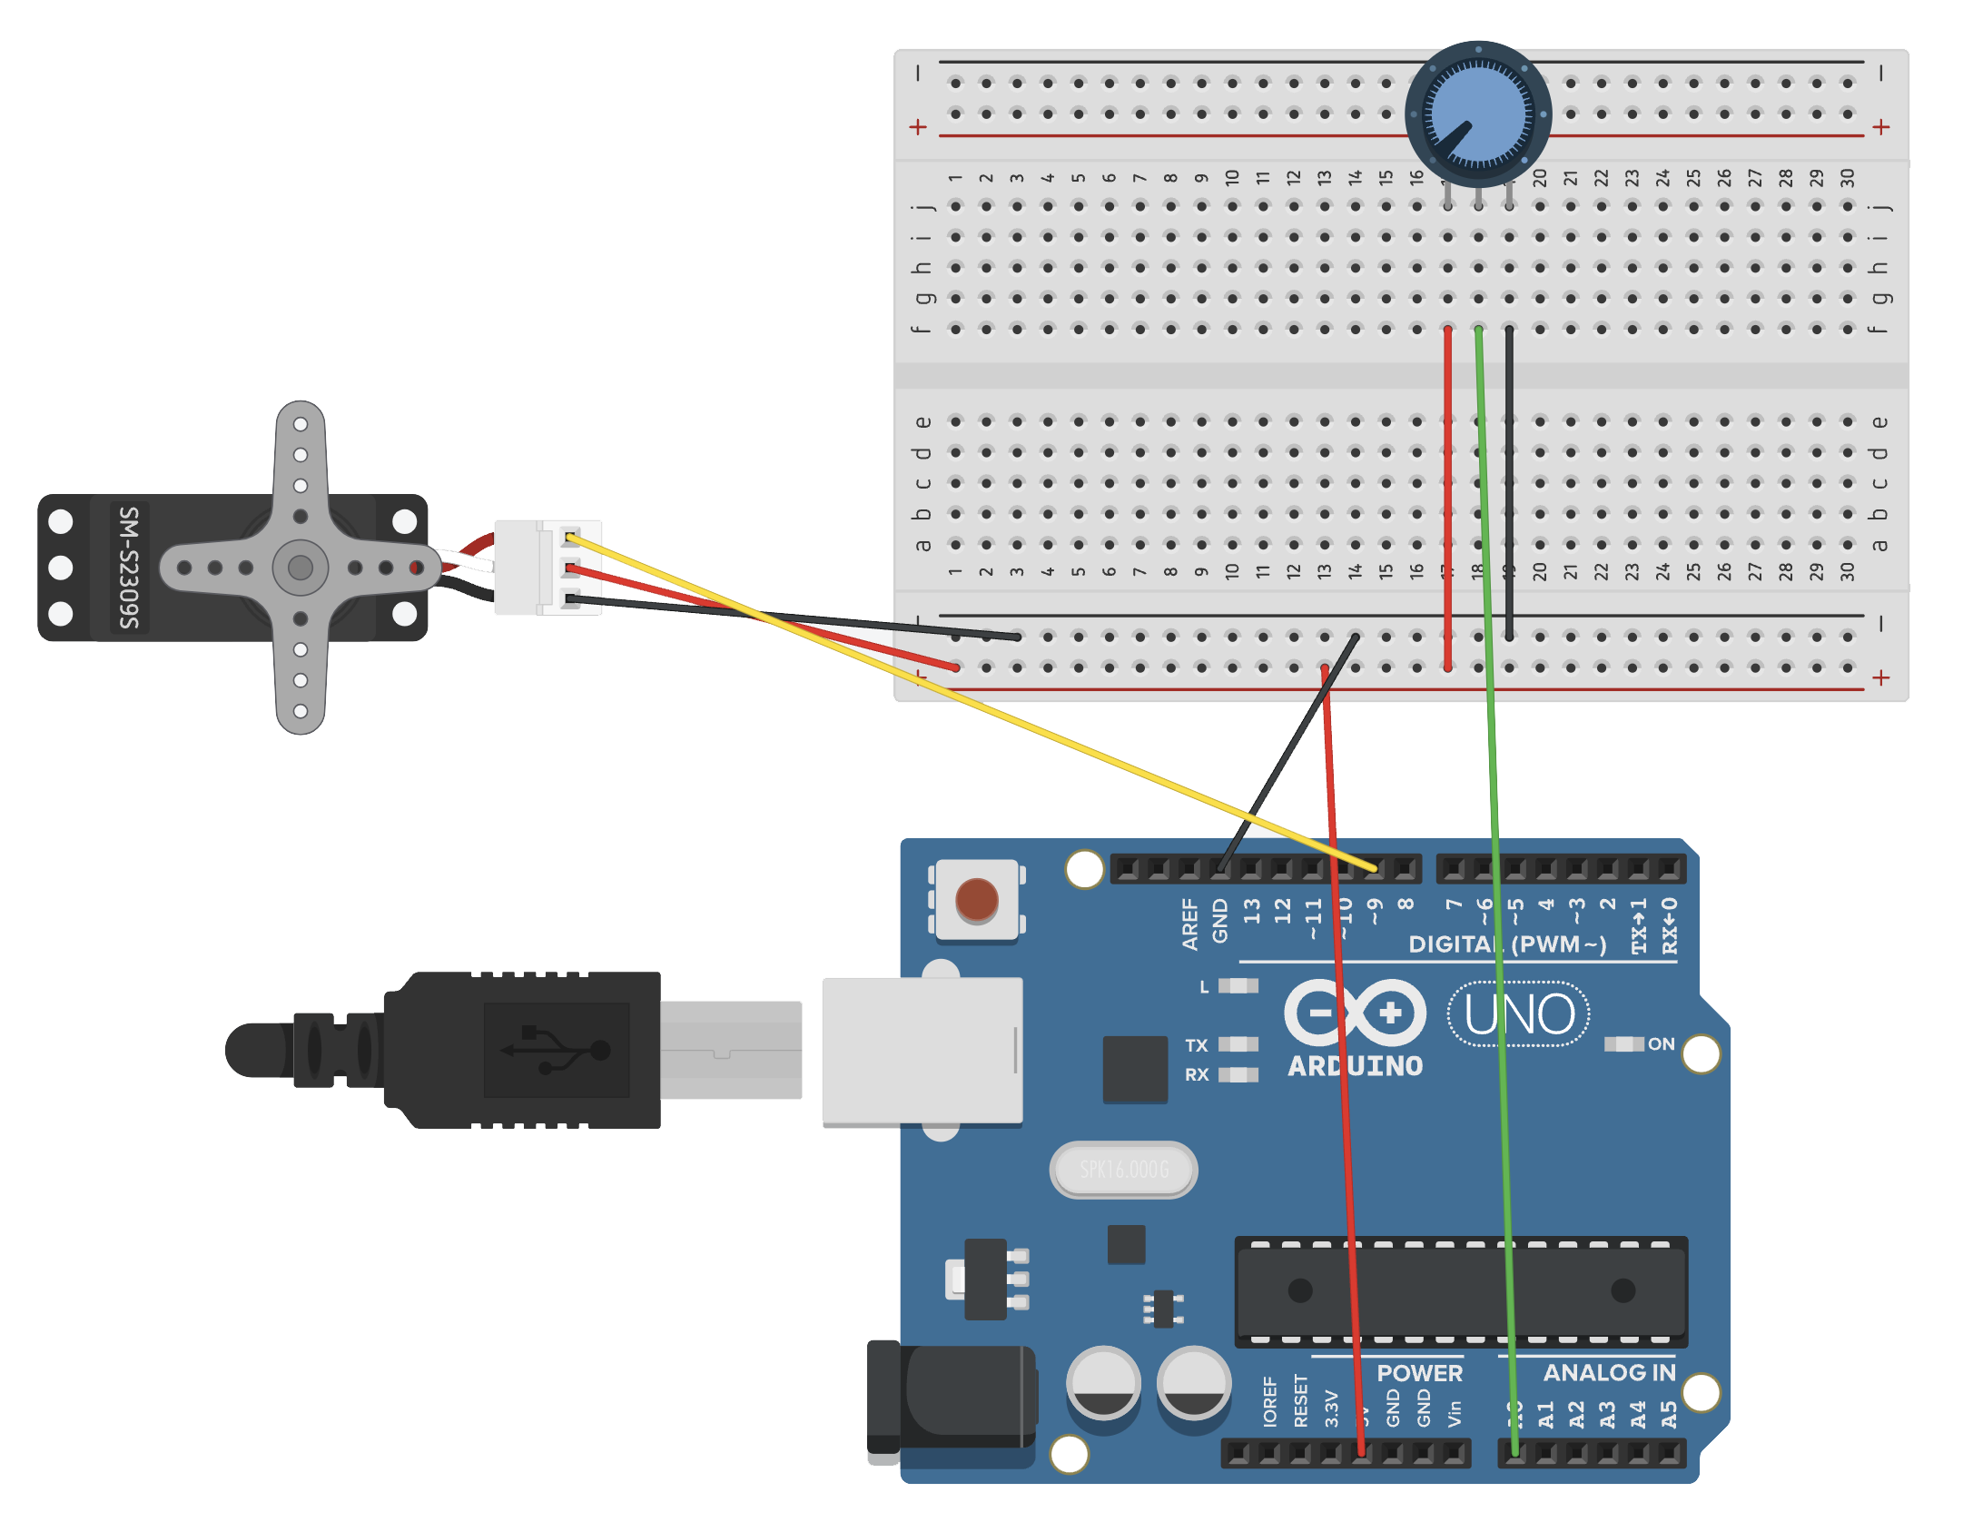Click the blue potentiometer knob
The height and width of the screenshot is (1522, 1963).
pos(1477,115)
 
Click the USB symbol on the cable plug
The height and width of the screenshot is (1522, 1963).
pos(556,1050)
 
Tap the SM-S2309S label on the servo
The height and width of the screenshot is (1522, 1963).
pos(130,568)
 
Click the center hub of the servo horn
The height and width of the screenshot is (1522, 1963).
pos(301,568)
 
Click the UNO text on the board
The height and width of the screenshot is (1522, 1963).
pos(1518,1013)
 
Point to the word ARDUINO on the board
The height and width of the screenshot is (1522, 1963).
pos(1355,1066)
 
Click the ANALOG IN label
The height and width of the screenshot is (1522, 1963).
pos(1609,1372)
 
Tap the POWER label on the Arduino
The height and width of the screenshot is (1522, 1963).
pos(1419,1372)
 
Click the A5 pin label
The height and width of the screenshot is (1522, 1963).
pos(1669,1415)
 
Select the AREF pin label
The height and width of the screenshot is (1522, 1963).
pos(1189,924)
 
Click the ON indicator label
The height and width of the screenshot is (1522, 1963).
pos(1661,1043)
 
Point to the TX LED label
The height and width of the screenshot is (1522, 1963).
pos(1197,1045)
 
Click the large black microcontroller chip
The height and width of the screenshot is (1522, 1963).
pos(1461,1290)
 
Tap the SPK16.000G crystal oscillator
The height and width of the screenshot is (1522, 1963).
pos(1123,1170)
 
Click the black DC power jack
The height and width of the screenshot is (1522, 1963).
pos(953,1398)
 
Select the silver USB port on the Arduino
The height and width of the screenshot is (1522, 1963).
pos(922,1051)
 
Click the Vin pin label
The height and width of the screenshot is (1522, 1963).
pos(1455,1412)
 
